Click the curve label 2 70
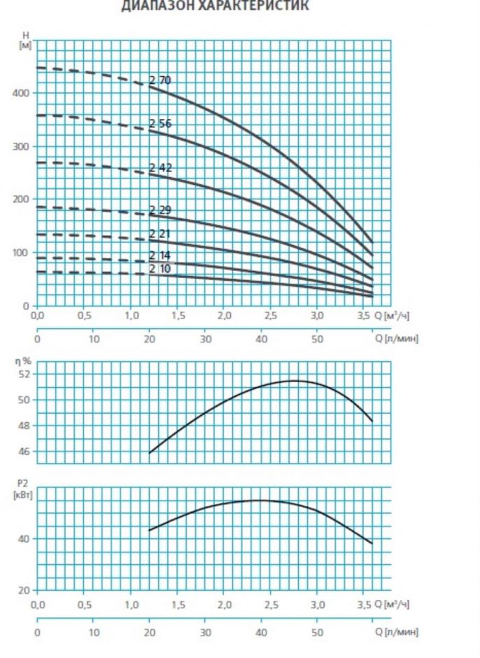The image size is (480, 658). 160,80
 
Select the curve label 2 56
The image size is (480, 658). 160,124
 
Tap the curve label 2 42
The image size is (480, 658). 160,167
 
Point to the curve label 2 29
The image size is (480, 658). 160,210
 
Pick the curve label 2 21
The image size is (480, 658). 160,234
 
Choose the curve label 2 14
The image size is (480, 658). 160,255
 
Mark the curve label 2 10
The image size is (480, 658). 160,268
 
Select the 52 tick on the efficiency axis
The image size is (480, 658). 25,374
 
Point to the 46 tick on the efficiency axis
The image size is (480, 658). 25,451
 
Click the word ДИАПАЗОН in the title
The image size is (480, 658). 152,6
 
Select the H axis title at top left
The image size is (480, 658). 25,35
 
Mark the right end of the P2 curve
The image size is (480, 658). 372,543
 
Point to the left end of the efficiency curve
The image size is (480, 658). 150,453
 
